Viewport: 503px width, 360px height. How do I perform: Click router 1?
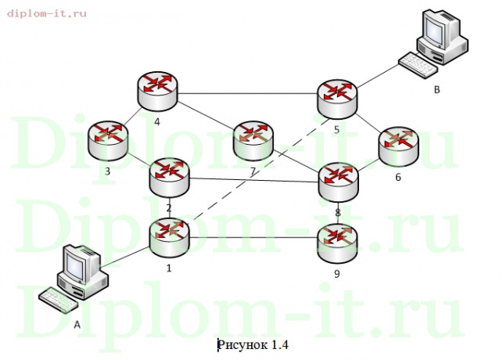[170, 236]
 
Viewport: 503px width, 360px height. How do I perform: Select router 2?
[169, 177]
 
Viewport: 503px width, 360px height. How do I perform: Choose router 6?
[397, 144]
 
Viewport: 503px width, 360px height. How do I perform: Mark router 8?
[338, 182]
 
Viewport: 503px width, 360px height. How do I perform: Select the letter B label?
[437, 91]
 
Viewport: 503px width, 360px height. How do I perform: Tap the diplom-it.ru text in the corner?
[48, 13]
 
